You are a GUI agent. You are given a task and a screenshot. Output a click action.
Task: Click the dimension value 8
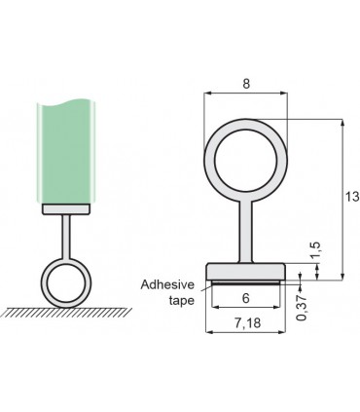tap(244, 85)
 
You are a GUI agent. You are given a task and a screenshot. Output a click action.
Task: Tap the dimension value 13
tap(351, 197)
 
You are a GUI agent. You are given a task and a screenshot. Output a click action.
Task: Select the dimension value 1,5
tap(315, 251)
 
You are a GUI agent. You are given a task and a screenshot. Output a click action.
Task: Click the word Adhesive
tap(168, 285)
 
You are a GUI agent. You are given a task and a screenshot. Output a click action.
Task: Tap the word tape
tap(183, 301)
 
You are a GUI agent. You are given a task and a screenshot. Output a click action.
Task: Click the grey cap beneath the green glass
tap(65, 207)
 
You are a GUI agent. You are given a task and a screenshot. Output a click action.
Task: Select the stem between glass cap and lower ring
tap(66, 234)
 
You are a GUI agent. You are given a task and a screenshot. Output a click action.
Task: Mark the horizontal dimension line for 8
tap(245, 94)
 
